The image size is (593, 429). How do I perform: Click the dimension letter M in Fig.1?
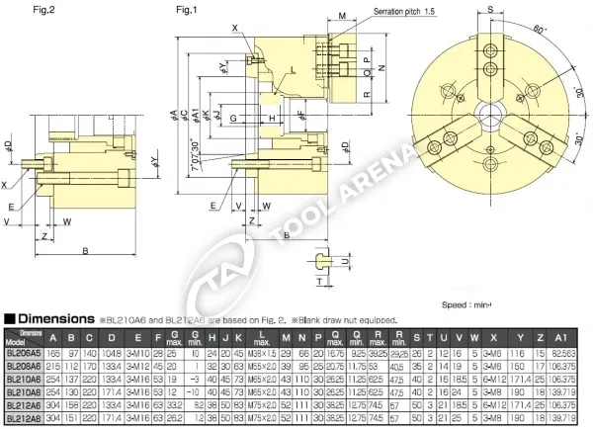[x=339, y=17]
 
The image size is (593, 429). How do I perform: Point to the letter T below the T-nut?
[x=320, y=281]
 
